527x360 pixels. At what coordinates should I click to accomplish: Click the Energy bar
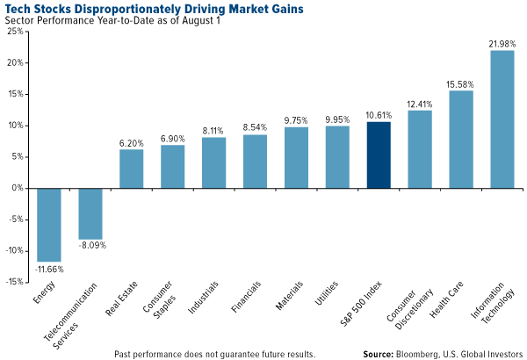coord(48,224)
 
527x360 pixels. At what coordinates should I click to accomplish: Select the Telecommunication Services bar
coord(90,213)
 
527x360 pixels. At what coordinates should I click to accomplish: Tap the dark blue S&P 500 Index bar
coord(379,155)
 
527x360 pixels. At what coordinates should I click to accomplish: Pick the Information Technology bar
coord(502,119)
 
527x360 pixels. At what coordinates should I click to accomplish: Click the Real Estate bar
coord(131,169)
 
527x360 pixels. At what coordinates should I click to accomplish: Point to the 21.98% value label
coord(502,42)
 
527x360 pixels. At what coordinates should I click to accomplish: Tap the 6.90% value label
coord(172,137)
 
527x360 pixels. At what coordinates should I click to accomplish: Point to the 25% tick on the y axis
coord(15,31)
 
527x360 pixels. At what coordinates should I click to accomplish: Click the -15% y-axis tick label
coord(13,282)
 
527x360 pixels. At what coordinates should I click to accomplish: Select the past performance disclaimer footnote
coord(214,353)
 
